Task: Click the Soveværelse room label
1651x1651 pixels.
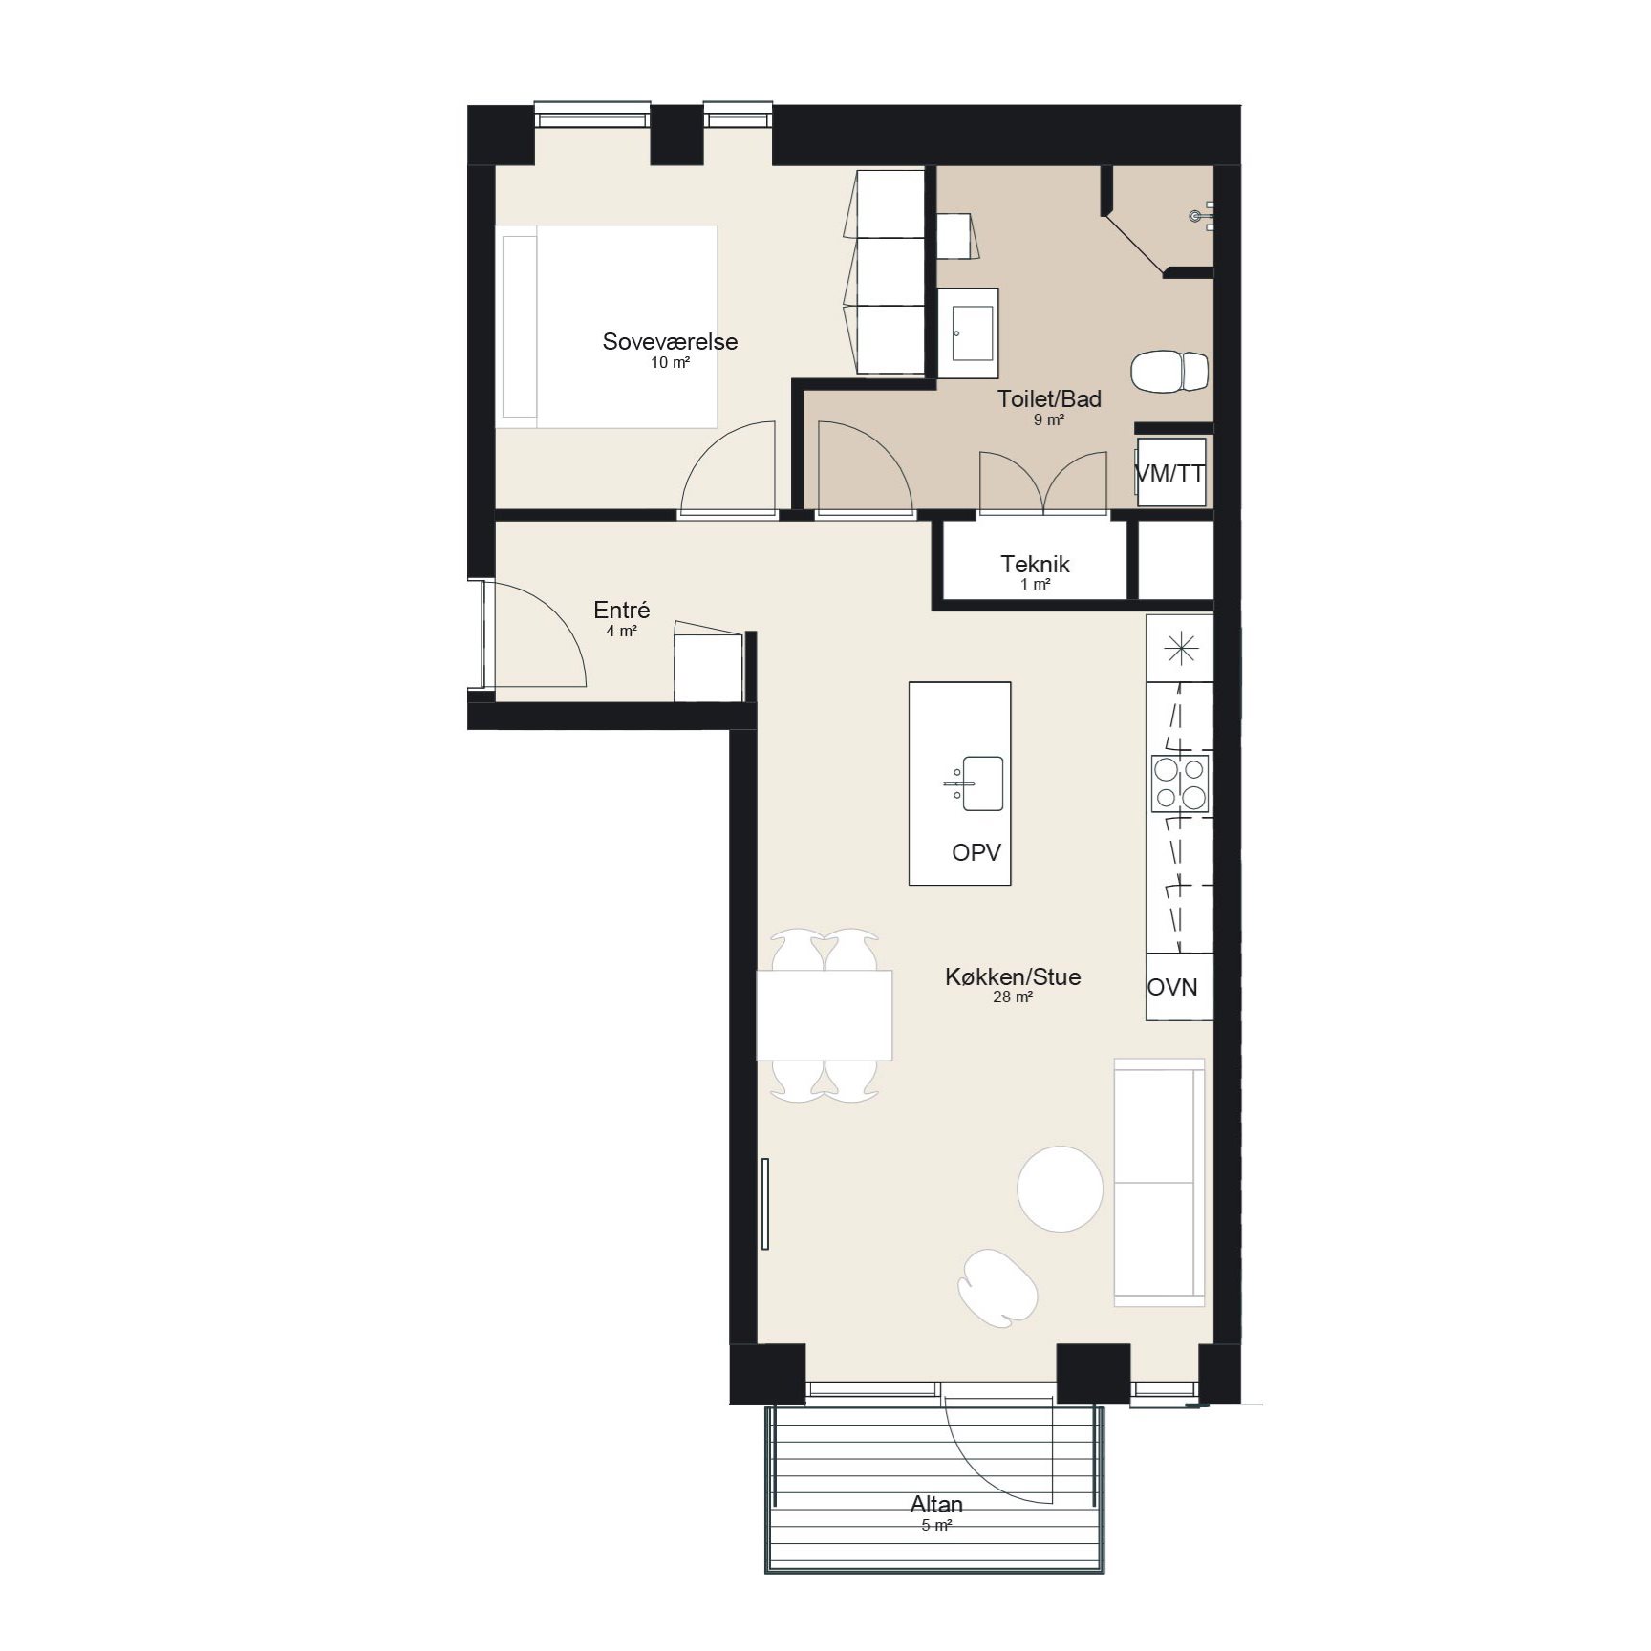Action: [x=670, y=342]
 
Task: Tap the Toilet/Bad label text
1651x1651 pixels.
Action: [x=1049, y=399]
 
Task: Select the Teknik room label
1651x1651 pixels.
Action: [x=1035, y=564]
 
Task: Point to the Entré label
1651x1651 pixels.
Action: [x=621, y=610]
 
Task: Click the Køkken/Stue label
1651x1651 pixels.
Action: [x=1013, y=976]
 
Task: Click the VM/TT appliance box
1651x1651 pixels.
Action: [x=1171, y=472]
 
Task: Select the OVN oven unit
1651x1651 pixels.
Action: [x=1180, y=987]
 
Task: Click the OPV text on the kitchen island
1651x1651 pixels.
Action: [x=976, y=852]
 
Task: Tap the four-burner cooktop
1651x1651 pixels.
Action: [x=1181, y=783]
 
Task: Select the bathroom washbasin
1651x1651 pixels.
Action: [x=968, y=333]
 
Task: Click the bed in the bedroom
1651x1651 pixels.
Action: [x=607, y=327]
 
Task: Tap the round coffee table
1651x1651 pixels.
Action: [x=1060, y=1190]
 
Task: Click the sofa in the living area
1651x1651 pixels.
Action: [x=1159, y=1182]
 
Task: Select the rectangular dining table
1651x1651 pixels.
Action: [x=825, y=1016]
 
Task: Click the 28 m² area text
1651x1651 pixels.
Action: [x=1013, y=997]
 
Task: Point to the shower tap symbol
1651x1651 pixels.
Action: [x=1202, y=217]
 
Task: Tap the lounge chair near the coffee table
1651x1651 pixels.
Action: [x=997, y=1288]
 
